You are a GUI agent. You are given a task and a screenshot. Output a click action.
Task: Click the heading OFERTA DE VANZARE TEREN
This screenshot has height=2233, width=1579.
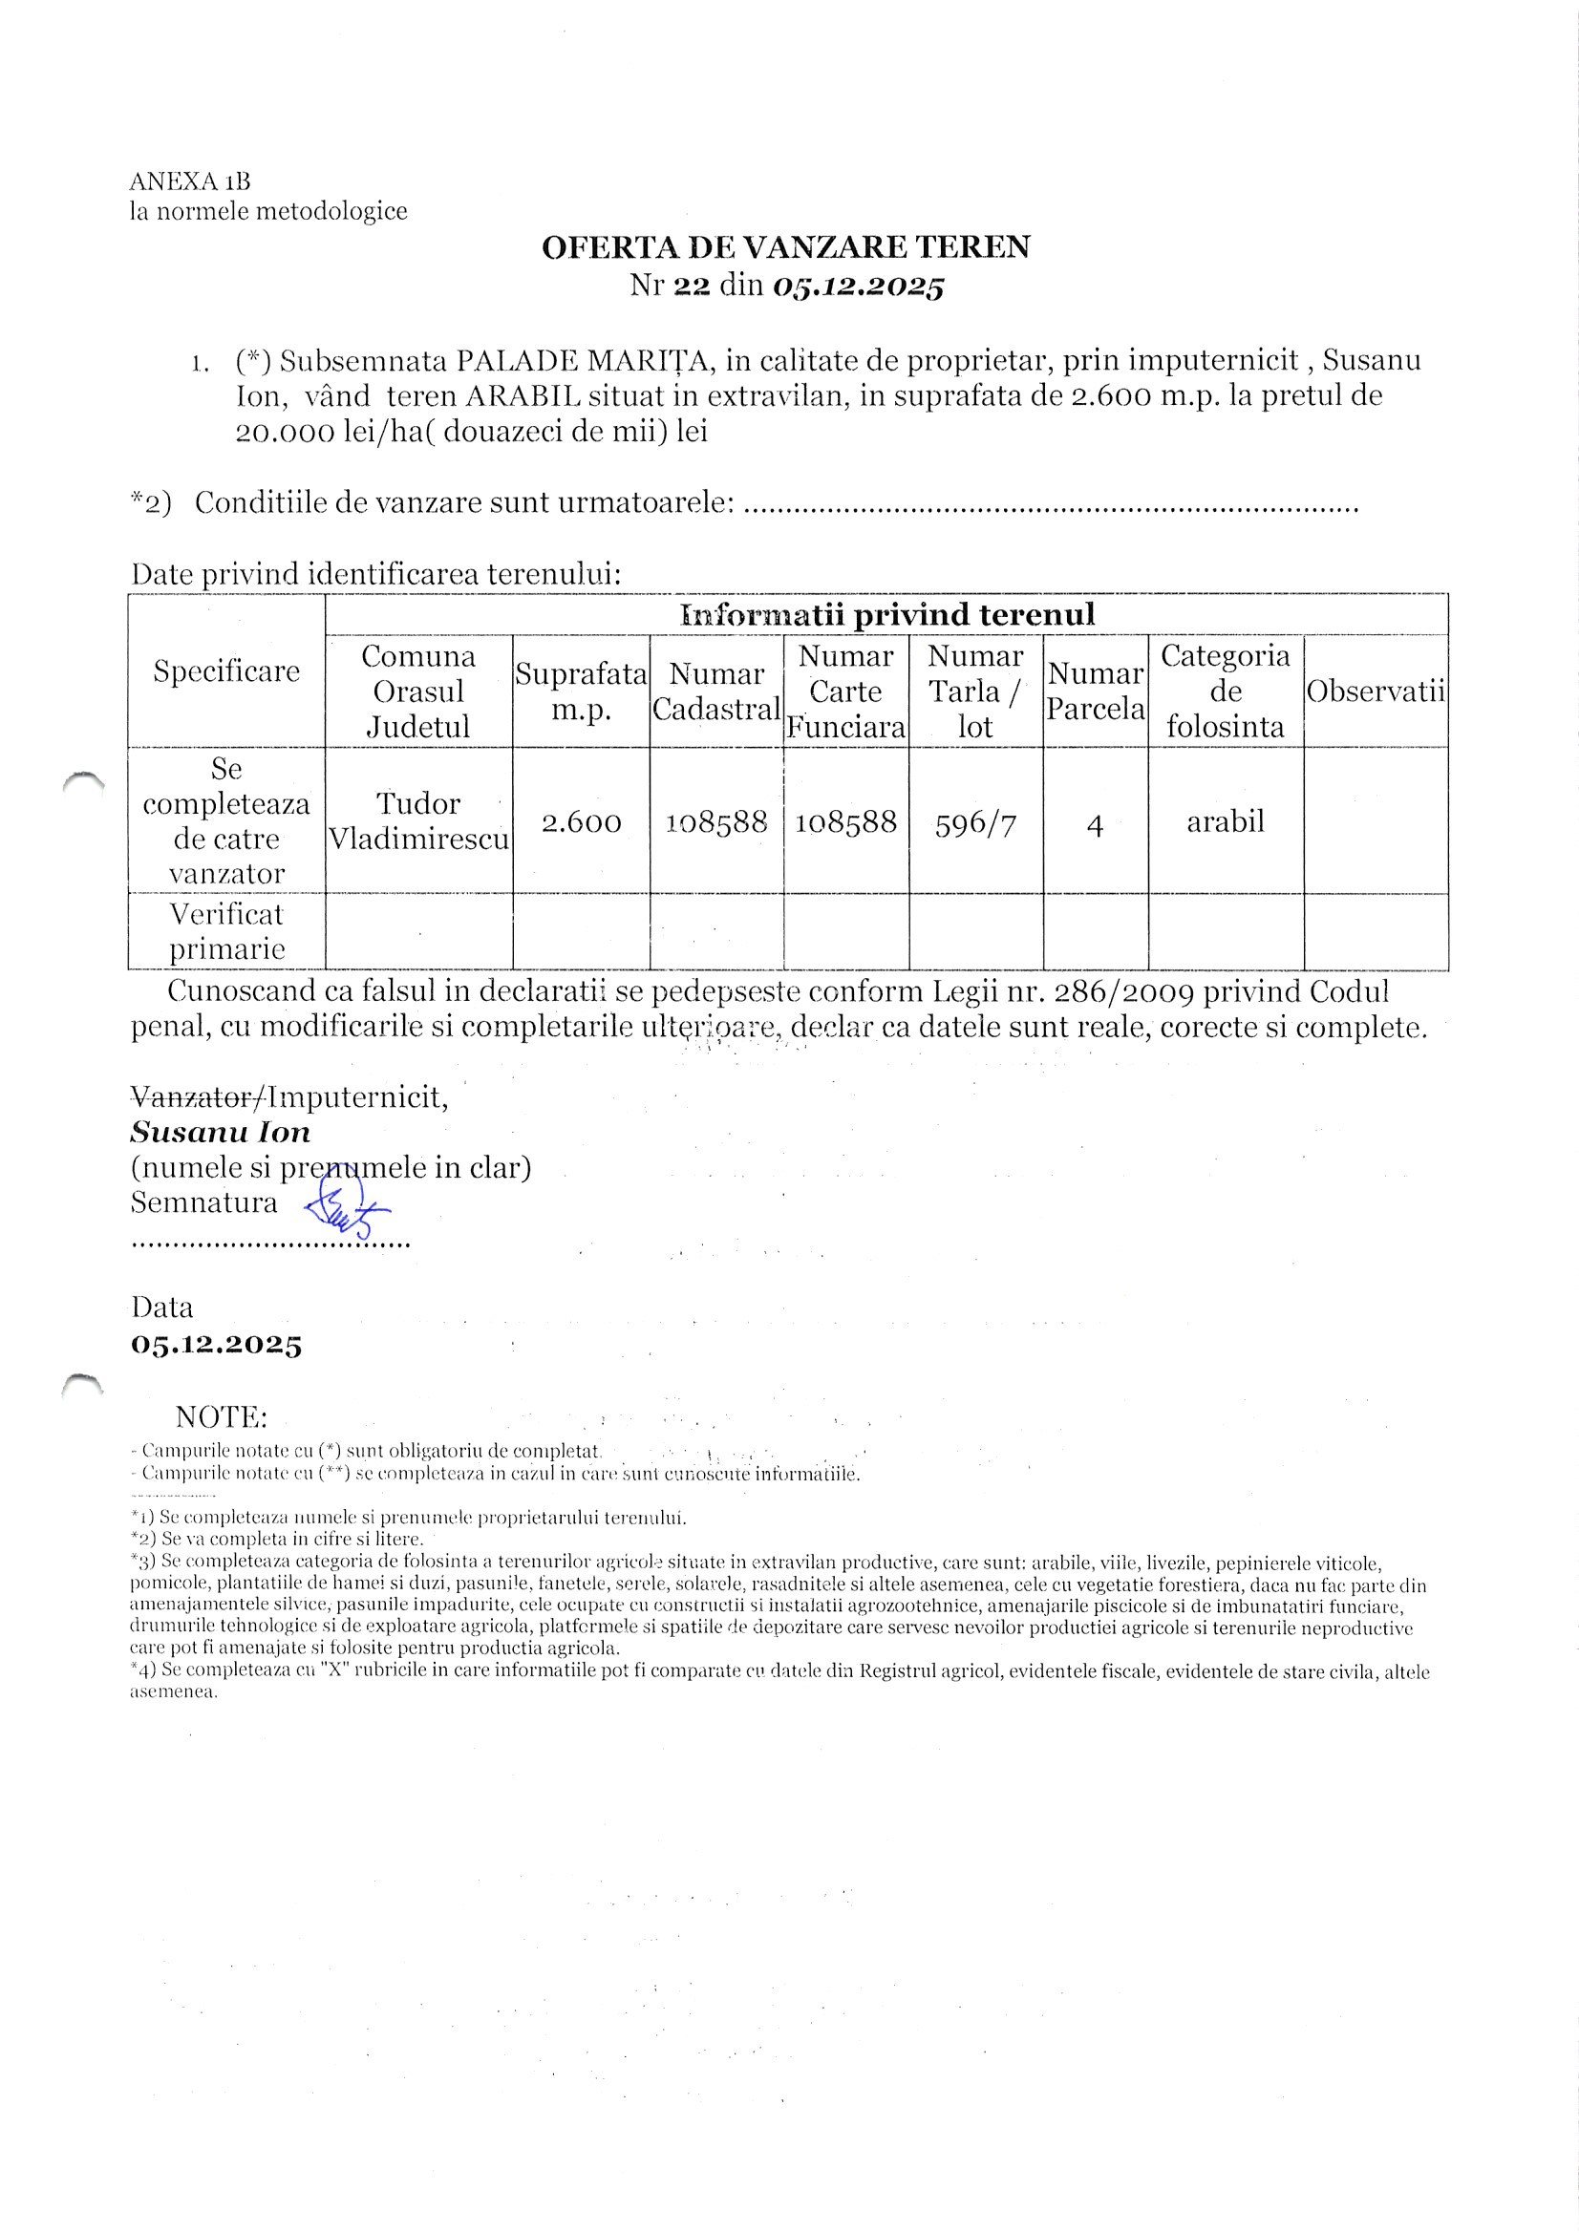(x=785, y=247)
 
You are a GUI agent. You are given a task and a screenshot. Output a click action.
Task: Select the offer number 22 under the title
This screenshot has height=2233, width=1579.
(x=692, y=286)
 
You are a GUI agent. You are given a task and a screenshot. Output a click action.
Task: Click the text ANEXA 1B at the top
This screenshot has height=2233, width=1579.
(x=190, y=181)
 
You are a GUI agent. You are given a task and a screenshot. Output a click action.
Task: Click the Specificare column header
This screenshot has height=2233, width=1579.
(x=226, y=671)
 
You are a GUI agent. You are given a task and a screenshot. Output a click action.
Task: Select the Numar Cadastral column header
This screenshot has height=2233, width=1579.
(x=716, y=691)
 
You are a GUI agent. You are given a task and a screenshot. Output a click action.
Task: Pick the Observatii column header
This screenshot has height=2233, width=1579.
(x=1375, y=691)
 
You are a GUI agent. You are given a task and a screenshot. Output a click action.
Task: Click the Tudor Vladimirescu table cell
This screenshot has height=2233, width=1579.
(x=418, y=820)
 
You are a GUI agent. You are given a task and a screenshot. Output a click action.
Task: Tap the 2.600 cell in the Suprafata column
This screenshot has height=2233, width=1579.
(x=581, y=822)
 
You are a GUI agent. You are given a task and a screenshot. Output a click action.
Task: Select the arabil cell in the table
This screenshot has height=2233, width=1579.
(x=1225, y=821)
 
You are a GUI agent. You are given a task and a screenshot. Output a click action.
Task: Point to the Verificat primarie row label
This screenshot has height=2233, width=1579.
(x=226, y=931)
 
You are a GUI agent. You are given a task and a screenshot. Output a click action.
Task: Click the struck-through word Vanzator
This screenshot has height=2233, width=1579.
(x=194, y=1098)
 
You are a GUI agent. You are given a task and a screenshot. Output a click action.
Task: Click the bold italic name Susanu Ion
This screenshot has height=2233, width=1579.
(x=221, y=1133)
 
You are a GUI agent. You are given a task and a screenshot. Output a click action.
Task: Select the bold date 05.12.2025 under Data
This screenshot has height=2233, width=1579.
(x=216, y=1345)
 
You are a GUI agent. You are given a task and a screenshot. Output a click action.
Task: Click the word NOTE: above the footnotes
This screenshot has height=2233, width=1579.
(x=221, y=1416)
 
